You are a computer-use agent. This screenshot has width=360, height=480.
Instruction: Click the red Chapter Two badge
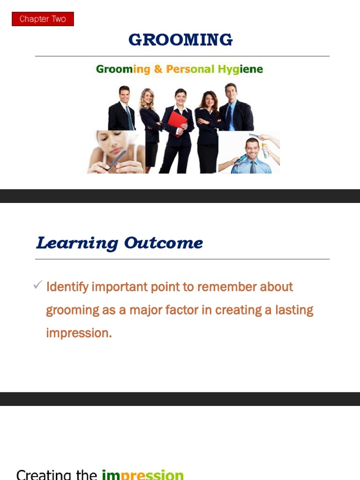coord(43,19)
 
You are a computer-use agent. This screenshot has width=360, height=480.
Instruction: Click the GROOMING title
coord(180,40)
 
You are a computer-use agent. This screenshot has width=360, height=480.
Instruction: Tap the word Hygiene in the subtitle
coord(240,69)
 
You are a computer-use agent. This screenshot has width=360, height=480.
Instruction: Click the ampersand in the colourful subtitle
coord(158,69)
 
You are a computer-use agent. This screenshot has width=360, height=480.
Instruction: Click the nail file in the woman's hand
coord(116,160)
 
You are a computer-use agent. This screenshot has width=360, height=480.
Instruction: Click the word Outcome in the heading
coord(164,243)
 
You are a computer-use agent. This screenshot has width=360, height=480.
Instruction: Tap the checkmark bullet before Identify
coord(37,285)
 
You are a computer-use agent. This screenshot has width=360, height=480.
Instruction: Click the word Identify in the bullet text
coord(67,287)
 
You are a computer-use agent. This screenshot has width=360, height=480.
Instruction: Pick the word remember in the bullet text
coord(226,287)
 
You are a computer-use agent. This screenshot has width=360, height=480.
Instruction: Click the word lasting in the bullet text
coord(294,310)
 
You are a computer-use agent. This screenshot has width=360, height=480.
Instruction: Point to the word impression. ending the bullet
coord(79,333)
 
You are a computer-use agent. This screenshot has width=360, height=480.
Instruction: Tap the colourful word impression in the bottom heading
coord(142,475)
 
